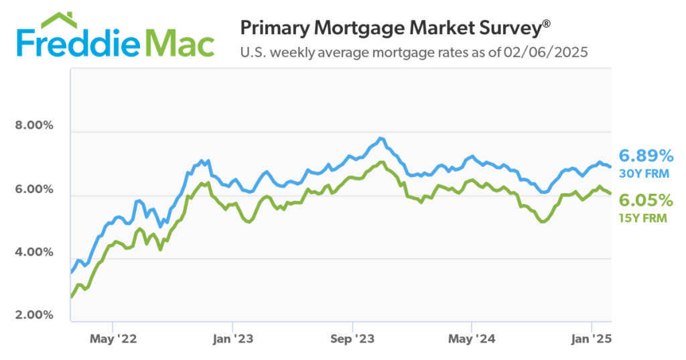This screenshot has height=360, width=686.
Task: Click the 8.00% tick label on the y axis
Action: coord(33,126)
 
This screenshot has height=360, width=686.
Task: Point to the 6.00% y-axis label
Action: coord(33,190)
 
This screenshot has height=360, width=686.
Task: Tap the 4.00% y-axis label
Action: coord(33,253)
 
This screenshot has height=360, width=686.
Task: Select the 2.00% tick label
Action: coord(33,315)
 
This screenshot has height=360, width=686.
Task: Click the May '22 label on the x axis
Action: coord(114,340)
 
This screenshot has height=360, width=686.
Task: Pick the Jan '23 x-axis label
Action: coord(232,340)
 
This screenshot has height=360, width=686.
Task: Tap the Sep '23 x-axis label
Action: coord(353,340)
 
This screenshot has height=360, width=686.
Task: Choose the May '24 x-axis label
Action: coord(472,340)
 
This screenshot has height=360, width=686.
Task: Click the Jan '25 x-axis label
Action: coord(591,340)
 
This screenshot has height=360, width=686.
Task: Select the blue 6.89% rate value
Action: coord(646,156)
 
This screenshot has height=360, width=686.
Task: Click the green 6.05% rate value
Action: coord(646,200)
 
